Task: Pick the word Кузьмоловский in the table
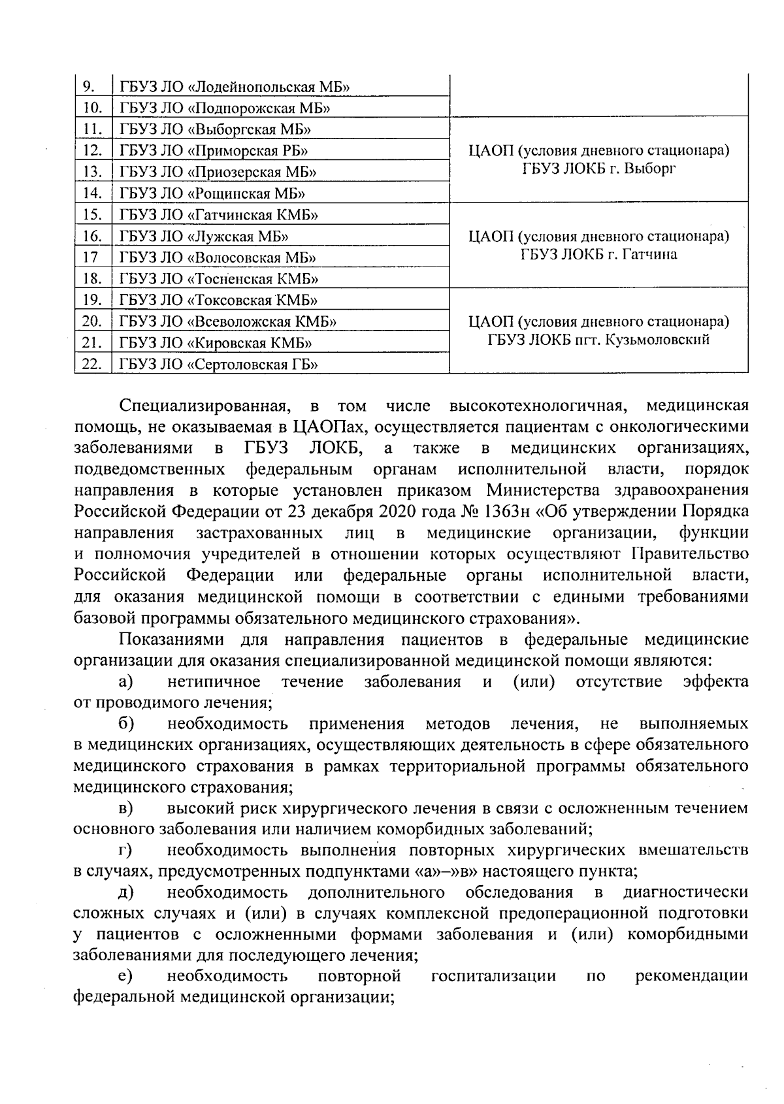point(654,340)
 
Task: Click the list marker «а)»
point(126,683)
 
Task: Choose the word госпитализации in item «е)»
point(494,977)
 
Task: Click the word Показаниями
point(172,639)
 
